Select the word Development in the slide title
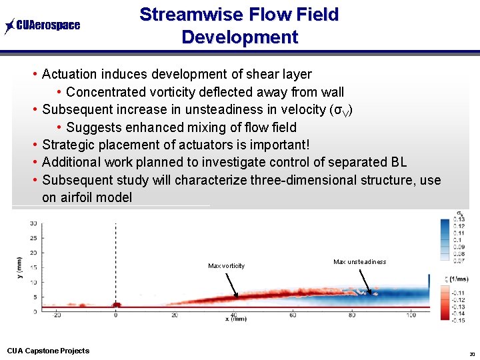239,37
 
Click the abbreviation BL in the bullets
398,162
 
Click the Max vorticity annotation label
226,266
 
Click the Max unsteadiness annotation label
359,262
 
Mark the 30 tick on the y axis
33,224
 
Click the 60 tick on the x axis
292,315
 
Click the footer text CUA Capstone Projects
48,351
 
